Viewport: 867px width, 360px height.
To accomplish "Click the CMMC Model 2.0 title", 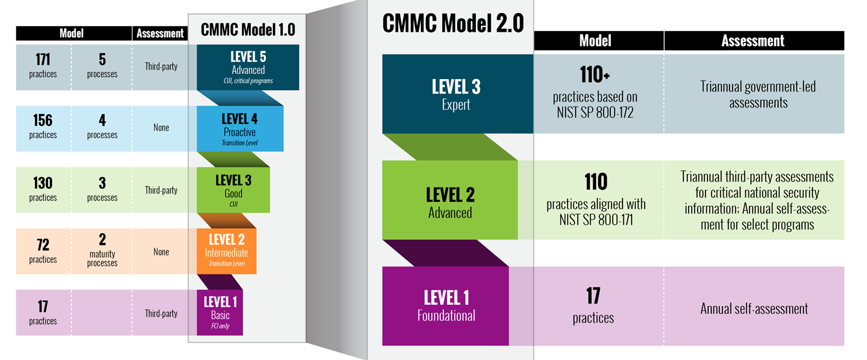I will tap(453, 23).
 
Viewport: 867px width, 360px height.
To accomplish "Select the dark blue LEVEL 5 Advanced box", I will tap(248, 66).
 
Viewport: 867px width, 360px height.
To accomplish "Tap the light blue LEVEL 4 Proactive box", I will tap(239, 128).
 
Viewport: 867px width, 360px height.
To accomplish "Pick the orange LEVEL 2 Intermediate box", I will tap(226, 250).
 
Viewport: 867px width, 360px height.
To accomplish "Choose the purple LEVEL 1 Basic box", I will tap(220, 312).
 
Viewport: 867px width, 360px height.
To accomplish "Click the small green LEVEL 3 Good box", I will tap(233, 190).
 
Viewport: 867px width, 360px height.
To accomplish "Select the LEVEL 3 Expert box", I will tap(457, 93).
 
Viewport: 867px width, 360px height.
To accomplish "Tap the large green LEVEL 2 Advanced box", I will tap(450, 200).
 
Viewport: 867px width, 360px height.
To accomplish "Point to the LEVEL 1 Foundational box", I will tap(446, 305).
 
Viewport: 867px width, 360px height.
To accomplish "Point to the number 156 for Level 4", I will tap(43, 121).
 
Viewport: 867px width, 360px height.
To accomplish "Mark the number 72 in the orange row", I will tap(43, 245).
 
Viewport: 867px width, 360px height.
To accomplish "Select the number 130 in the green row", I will tap(43, 184).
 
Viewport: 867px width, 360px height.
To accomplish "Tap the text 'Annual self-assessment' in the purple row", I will tap(754, 309).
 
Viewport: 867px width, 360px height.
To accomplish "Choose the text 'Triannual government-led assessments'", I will tap(758, 95).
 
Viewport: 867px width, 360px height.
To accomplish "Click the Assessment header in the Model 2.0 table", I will tap(753, 41).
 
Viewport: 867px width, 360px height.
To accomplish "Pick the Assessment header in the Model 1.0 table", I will tap(160, 34).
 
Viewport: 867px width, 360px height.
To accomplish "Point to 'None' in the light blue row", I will tap(161, 128).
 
